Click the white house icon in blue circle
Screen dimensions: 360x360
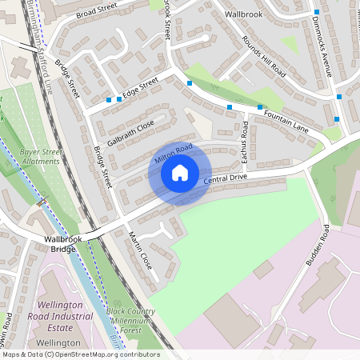point(180,173)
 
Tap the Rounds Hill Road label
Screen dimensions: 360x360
point(263,55)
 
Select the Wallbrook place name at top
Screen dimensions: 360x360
point(243,14)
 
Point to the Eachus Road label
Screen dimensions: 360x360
point(246,142)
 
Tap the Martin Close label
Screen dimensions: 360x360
point(141,250)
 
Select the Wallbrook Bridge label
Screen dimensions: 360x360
point(60,243)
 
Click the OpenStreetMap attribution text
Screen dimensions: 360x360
point(81,354)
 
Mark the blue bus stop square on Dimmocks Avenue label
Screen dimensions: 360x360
point(318,12)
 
